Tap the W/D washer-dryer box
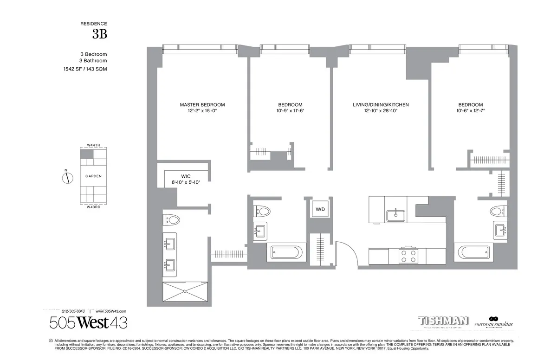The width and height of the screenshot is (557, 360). [320, 209]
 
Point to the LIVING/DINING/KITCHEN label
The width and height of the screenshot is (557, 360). [381, 105]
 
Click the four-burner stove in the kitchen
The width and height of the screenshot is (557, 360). [408, 256]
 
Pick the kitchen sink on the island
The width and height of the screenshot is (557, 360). [395, 216]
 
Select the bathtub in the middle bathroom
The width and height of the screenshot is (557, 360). [287, 253]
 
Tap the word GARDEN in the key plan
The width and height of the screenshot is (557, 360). [93, 176]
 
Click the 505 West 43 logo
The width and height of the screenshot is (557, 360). [88, 323]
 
